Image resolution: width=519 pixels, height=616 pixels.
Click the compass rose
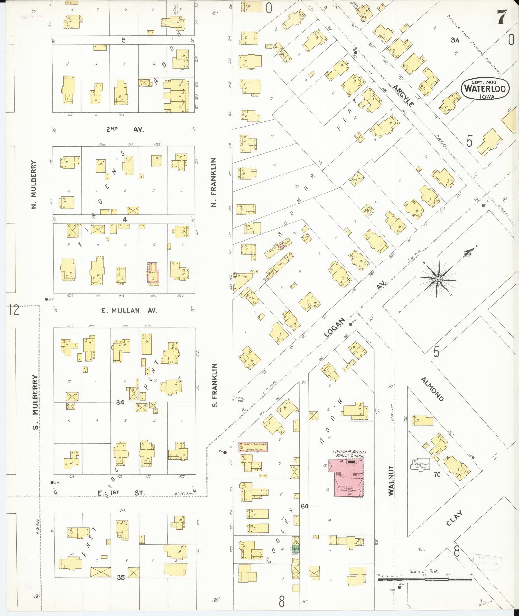click(438, 279)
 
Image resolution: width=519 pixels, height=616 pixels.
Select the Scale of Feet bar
click(425, 579)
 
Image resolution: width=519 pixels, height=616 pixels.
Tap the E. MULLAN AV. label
click(129, 311)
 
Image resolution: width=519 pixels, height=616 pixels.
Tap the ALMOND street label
click(432, 389)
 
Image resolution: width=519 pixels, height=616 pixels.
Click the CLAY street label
click(454, 518)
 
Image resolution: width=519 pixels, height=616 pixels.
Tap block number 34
click(120, 402)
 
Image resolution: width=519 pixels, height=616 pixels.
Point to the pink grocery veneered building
click(253, 447)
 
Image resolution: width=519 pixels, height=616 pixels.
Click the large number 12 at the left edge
click(14, 310)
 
